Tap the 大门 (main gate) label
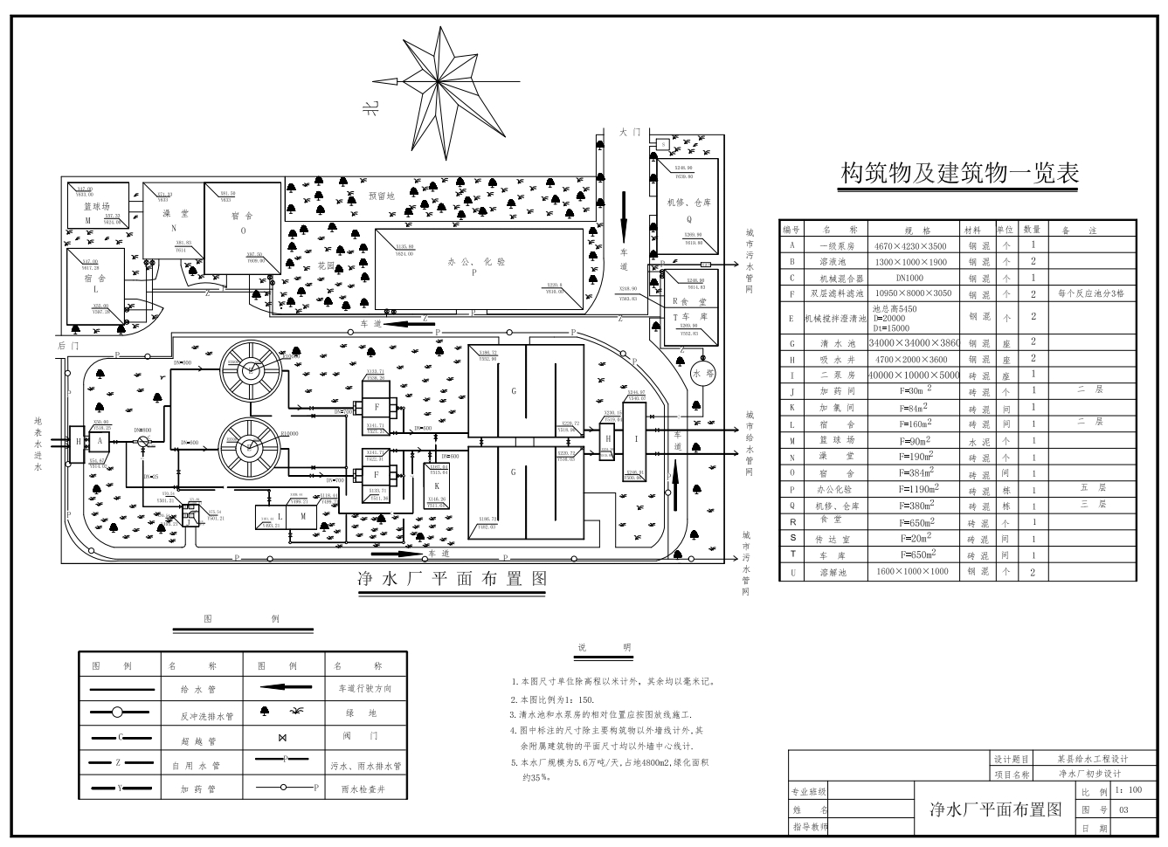pyautogui.click(x=630, y=132)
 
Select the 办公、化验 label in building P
pyautogui.click(x=475, y=261)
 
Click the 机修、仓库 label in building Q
pyautogui.click(x=686, y=203)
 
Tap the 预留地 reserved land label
pyautogui.click(x=382, y=196)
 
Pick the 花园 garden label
pyautogui.click(x=326, y=265)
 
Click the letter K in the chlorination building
pyautogui.click(x=437, y=485)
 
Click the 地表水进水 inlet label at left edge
pyautogui.click(x=38, y=444)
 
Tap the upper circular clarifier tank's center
pyautogui.click(x=252, y=368)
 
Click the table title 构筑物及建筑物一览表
pyautogui.click(x=959, y=173)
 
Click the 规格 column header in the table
pyautogui.click(x=917, y=231)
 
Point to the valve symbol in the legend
pyautogui.click(x=282, y=738)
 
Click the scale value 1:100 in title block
pyautogui.click(x=1129, y=790)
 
